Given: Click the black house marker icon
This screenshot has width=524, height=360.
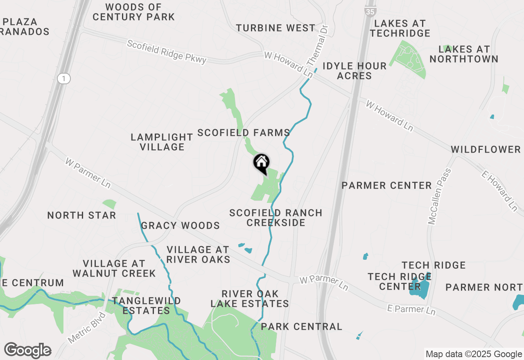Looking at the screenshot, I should pyautogui.click(x=262, y=164).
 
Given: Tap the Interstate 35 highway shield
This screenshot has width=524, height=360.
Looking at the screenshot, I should pyautogui.click(x=370, y=11).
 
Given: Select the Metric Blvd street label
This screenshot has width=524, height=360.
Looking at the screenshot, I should pyautogui.click(x=87, y=328).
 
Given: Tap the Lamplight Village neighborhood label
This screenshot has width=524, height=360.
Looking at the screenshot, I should pyautogui.click(x=162, y=142).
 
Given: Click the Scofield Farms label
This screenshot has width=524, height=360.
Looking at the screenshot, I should pyautogui.click(x=244, y=133).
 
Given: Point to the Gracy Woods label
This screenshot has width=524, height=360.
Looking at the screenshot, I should pyautogui.click(x=180, y=225).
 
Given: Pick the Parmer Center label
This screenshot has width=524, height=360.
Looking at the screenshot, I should pyautogui.click(x=386, y=186).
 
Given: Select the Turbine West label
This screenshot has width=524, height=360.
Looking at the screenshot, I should pyautogui.click(x=276, y=28).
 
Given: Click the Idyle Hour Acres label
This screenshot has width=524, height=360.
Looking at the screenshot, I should pyautogui.click(x=355, y=71).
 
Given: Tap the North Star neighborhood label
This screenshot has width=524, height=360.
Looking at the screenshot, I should pyautogui.click(x=81, y=215).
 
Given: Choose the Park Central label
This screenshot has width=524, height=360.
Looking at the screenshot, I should pyautogui.click(x=301, y=326).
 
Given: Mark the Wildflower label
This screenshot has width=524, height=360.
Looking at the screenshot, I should pyautogui.click(x=486, y=149).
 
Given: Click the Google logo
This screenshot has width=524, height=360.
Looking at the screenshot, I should pyautogui.click(x=27, y=351).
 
